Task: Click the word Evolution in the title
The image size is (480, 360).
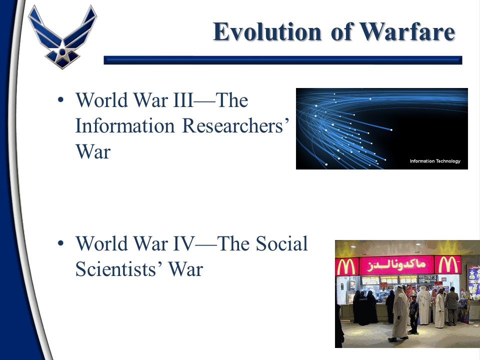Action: pos(267,31)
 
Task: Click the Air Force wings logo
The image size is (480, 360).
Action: pos(62,36)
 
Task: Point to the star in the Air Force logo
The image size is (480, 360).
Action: pos(62,52)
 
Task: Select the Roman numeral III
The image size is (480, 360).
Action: pos(183,100)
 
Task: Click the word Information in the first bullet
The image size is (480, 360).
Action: pos(125,126)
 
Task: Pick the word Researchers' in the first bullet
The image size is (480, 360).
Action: pos(235,126)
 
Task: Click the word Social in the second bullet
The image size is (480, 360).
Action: pos(281,243)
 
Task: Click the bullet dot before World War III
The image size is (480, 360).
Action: pos(60,100)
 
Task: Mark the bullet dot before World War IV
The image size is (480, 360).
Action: pos(60,243)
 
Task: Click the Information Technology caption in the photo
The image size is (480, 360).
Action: pos(435,161)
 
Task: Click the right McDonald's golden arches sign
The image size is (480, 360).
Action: pos(447,265)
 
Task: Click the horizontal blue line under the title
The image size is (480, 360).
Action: pos(283,60)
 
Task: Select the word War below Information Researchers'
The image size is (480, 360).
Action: pos(93,151)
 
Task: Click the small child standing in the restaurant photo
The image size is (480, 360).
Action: pos(413,314)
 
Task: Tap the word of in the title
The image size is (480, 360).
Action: pos(340,31)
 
